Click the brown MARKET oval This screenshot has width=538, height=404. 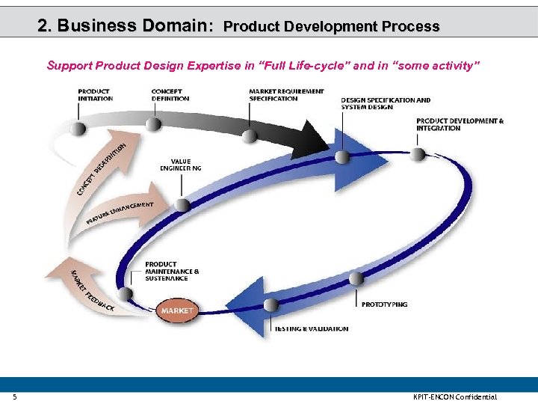[x=176, y=310]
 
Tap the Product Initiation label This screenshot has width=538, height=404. [x=95, y=95]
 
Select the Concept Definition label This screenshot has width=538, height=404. [x=170, y=95]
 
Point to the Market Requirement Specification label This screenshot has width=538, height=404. [x=286, y=95]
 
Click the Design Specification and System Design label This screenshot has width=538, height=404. [x=386, y=103]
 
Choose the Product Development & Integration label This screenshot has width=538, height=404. [x=460, y=124]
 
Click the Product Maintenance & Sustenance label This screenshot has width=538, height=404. [x=172, y=271]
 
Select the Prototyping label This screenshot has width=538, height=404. [x=384, y=304]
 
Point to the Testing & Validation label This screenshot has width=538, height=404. [x=311, y=329]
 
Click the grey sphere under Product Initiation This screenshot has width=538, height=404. [x=78, y=128]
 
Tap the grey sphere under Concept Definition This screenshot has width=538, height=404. [x=153, y=124]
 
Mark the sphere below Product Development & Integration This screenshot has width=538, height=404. [x=418, y=154]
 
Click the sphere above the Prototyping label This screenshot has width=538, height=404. [x=356, y=278]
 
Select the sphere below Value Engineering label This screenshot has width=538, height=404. [x=182, y=204]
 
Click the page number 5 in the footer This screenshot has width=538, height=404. [x=13, y=397]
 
